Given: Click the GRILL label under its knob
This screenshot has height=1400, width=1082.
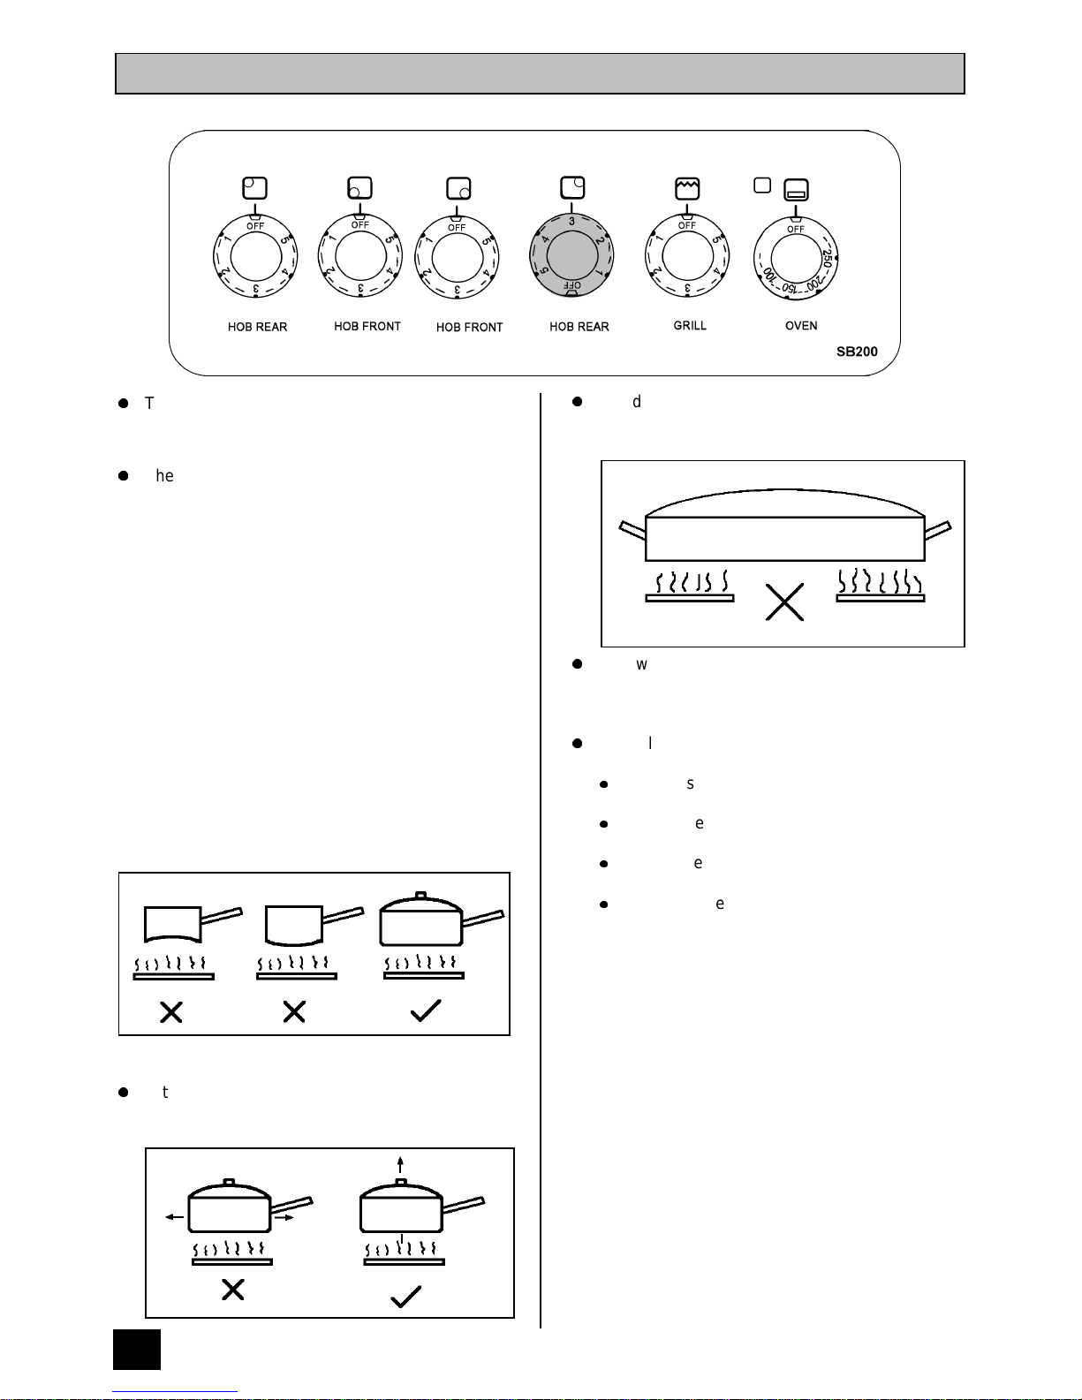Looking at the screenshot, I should [x=690, y=326].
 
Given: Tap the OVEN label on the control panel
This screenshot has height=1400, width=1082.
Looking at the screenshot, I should [x=801, y=326].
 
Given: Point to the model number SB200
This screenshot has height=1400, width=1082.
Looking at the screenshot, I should [x=857, y=352].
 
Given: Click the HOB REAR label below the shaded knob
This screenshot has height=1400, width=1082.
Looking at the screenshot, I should [x=579, y=327].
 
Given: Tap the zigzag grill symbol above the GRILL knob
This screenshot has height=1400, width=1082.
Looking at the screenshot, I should [x=686, y=188].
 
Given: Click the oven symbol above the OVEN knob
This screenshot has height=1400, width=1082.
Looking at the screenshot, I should [x=796, y=189].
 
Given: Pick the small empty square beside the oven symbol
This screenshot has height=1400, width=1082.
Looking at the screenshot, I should [x=762, y=185].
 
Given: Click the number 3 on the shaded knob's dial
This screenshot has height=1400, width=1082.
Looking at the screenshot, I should [x=571, y=221].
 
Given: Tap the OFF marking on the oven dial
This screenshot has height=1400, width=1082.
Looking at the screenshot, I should [x=796, y=230].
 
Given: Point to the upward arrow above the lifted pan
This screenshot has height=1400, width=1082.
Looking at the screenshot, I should [x=401, y=1163].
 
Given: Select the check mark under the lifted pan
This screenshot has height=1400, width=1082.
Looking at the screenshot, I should [x=405, y=1296].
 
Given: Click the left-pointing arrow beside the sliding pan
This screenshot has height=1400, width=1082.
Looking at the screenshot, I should [x=174, y=1217].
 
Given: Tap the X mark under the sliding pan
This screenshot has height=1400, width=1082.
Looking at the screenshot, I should [x=232, y=1290].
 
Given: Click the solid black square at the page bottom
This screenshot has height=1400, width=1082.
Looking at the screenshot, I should [x=137, y=1350].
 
